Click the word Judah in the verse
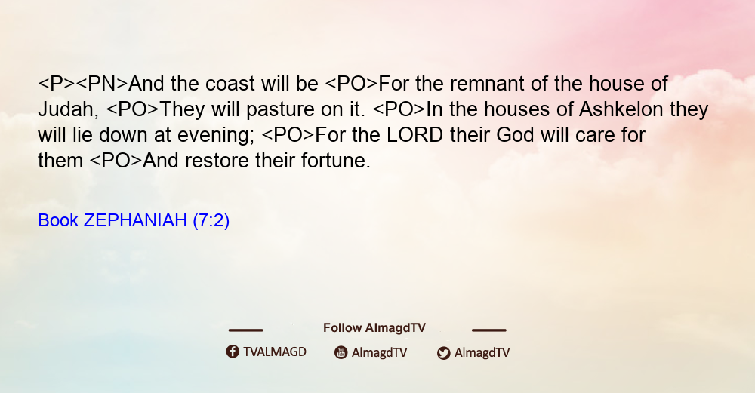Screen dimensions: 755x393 (68, 109)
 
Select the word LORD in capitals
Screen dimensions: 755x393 (414, 135)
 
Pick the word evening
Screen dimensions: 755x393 (216, 136)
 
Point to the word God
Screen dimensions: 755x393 (515, 135)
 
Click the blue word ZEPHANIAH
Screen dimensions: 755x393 (135, 220)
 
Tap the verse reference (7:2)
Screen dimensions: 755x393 (211, 221)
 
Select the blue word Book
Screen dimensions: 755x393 (58, 220)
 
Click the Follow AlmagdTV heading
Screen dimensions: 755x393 (374, 327)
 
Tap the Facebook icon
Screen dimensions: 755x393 (233, 352)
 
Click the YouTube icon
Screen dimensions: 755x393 (341, 352)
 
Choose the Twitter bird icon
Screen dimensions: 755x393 (443, 353)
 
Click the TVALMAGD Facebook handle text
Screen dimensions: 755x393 (275, 352)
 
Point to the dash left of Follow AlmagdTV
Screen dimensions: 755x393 (245, 330)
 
